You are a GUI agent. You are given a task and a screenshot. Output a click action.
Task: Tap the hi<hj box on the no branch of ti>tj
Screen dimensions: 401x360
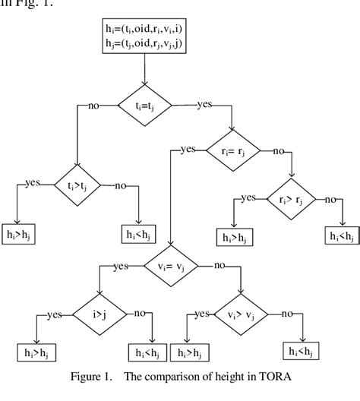(138, 235)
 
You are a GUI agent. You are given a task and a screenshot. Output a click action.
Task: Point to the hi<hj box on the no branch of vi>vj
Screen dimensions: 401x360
(302, 351)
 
